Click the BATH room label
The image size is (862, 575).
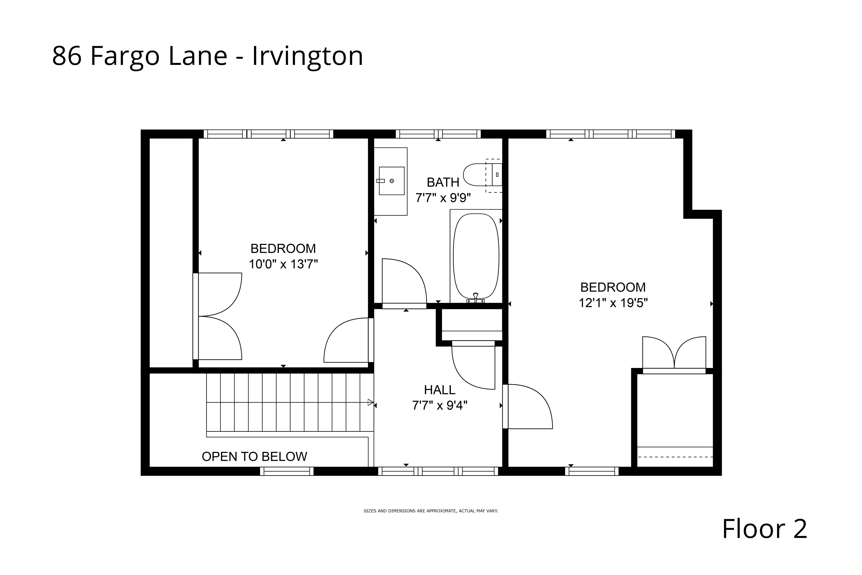[x=443, y=182]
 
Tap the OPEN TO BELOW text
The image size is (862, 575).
[x=254, y=457]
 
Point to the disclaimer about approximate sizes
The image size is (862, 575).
[x=431, y=511]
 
